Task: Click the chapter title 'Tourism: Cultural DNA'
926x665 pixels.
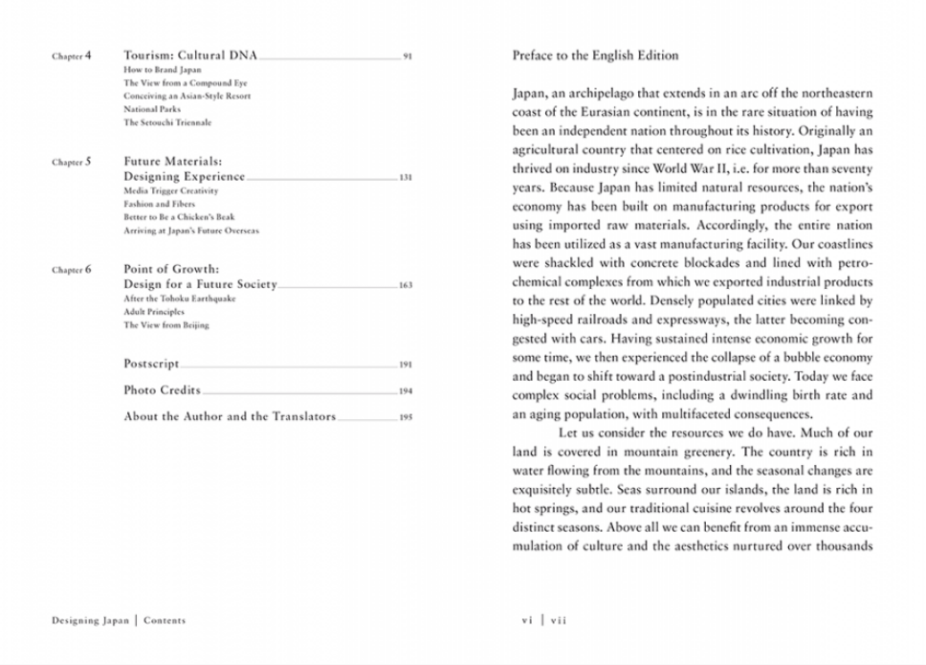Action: (190, 56)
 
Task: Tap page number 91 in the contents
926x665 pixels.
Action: (408, 57)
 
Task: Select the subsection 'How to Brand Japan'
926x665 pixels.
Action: (163, 70)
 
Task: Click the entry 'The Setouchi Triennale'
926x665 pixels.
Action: (167, 122)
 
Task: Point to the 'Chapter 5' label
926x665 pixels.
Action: (72, 163)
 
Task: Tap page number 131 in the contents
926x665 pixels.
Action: (407, 178)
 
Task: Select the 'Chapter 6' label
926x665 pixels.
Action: (72, 270)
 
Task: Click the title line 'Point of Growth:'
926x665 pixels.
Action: (171, 270)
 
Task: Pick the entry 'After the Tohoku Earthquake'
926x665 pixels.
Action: (179, 299)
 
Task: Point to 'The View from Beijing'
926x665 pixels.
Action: (165, 325)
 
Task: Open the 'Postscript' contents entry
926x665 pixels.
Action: (151, 365)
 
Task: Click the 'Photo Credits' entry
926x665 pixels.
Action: (163, 390)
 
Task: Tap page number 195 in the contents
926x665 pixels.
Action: (407, 418)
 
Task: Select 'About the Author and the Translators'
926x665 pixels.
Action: (230, 417)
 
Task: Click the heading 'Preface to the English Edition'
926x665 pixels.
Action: (595, 55)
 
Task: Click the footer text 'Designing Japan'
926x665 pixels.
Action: (90, 620)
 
